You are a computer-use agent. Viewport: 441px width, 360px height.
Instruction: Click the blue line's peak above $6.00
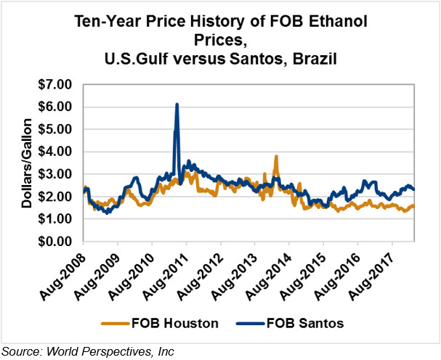click(x=177, y=105)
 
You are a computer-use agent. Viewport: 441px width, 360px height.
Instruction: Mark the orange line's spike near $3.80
click(x=276, y=156)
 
